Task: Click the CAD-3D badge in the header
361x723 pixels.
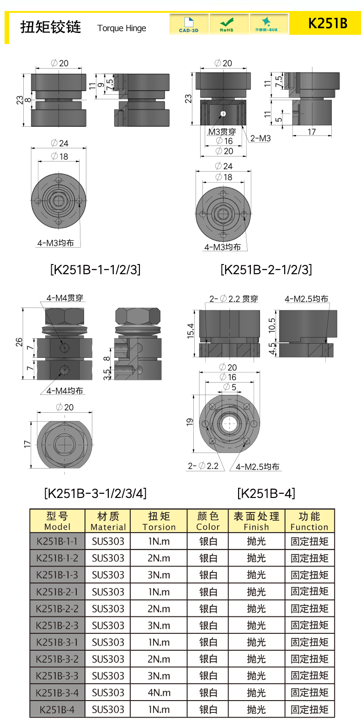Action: tap(189, 24)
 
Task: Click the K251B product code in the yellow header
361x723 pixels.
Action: tap(328, 23)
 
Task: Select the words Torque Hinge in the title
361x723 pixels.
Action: tap(122, 28)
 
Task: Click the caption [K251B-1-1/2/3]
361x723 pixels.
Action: tap(96, 269)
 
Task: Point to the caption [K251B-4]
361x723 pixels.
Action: tap(266, 493)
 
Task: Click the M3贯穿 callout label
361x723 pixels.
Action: tap(222, 132)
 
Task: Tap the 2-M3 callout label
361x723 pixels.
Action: tap(260, 139)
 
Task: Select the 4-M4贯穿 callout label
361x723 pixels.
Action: tap(65, 298)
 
